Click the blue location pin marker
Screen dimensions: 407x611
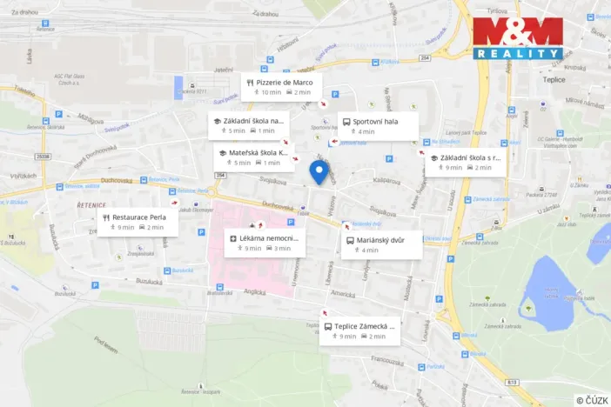319,172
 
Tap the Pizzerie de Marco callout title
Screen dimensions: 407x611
285,82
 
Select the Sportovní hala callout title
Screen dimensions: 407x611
375,122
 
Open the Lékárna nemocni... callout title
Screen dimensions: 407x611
269,237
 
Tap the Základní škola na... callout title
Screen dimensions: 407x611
252,121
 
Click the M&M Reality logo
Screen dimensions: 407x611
518,38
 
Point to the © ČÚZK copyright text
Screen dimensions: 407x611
592,399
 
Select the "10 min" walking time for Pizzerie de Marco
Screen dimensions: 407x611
272,92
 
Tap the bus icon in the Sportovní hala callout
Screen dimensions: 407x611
346,122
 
